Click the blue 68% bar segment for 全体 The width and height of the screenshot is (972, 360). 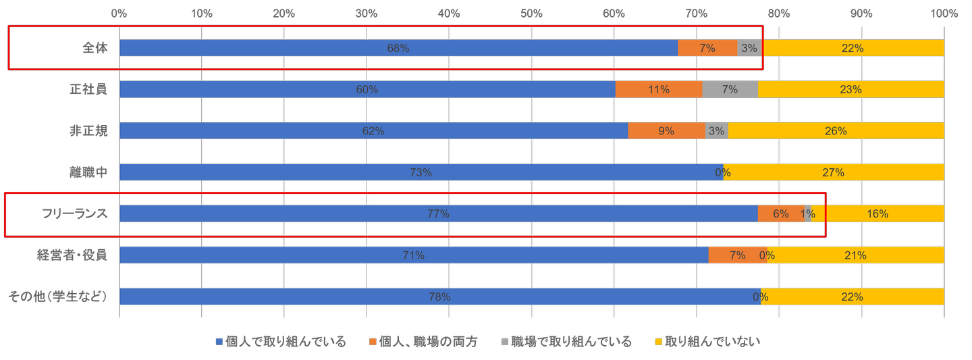398,48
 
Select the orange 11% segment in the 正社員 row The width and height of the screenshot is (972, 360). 658,90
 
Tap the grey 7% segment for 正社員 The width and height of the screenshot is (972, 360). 730,90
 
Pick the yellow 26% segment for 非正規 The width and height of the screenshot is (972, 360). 836,131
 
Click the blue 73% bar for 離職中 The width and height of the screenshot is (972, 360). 421,172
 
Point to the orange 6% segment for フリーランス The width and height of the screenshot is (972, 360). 780,214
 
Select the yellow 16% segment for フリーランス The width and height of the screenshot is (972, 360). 878,214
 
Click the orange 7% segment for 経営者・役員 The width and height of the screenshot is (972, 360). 736,255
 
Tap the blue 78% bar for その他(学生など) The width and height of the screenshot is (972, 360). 439,297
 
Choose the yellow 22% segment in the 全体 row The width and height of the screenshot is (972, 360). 853,48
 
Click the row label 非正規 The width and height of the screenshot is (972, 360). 88,131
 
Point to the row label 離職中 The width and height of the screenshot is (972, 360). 88,172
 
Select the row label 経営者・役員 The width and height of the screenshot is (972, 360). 72,255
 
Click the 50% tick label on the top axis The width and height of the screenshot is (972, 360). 531,12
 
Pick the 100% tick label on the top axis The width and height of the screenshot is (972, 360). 943,12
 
